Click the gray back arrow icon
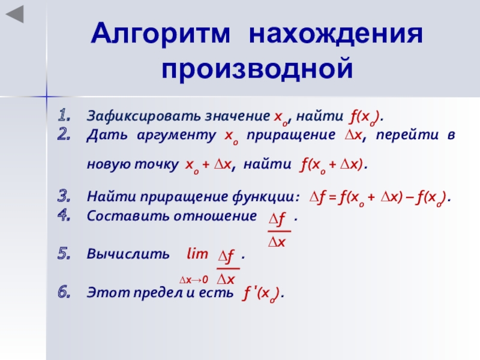coord(15,14)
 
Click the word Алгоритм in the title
coord(160,34)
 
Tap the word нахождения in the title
coord(336,34)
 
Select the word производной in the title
coord(257,68)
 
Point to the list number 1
coord(64,115)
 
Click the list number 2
coord(64,134)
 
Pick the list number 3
coord(64,196)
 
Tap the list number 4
coord(64,215)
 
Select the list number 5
coord(64,254)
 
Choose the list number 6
coord(64,292)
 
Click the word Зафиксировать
coord(144,116)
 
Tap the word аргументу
coord(176,136)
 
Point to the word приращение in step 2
coord(291,136)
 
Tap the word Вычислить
coord(128,254)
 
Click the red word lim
coord(197,253)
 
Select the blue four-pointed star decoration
coord(47,97)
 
